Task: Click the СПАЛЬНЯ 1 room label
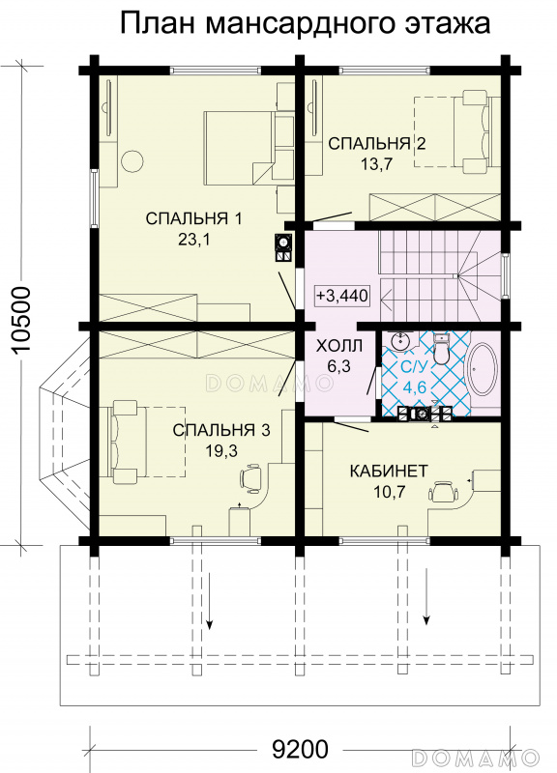(x=194, y=218)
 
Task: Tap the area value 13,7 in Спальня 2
(x=376, y=164)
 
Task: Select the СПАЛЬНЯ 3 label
(x=221, y=430)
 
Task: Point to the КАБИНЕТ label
(x=389, y=471)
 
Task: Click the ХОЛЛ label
(x=338, y=346)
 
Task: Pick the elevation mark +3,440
(x=342, y=296)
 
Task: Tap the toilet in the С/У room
(x=441, y=348)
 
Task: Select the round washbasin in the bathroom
(x=400, y=341)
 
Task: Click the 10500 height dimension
(x=21, y=320)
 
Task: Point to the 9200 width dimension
(x=300, y=750)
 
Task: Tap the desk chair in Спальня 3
(x=252, y=477)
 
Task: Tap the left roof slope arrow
(x=210, y=600)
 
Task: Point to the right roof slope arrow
(x=425, y=596)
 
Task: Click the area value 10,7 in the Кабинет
(x=390, y=492)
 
